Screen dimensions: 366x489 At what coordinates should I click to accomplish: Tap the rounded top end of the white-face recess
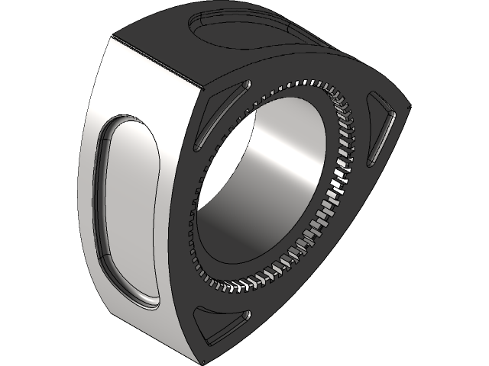click(126, 126)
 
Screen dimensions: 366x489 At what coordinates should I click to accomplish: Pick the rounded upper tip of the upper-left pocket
click(244, 84)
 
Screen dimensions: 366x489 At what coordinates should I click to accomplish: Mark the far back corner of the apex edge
click(115, 36)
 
